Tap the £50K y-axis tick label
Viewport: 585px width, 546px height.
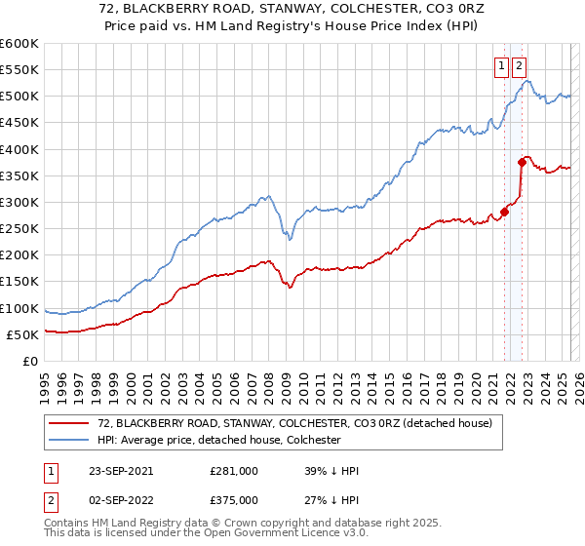[x=23, y=335]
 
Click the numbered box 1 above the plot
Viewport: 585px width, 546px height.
[x=502, y=66]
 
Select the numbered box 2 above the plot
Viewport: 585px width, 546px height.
[x=519, y=66]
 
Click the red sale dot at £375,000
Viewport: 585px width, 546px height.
[x=522, y=163]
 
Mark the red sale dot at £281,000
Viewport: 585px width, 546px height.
[x=505, y=212]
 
